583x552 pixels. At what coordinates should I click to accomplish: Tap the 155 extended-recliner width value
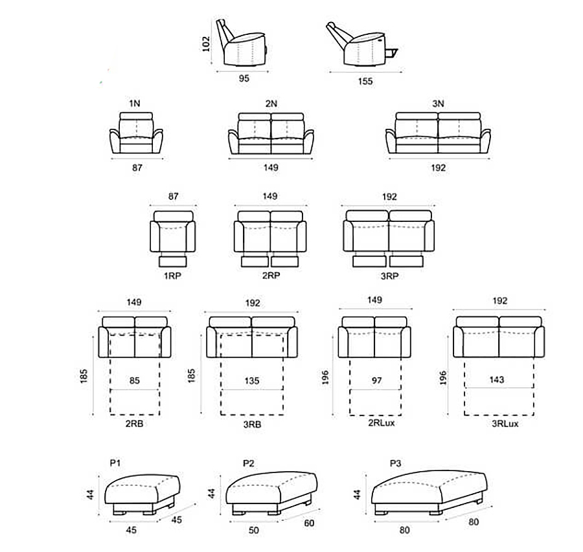click(x=365, y=81)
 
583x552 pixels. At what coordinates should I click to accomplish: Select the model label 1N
click(x=135, y=104)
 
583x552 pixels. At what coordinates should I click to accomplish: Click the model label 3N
click(x=439, y=104)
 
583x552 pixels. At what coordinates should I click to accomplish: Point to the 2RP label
click(x=271, y=276)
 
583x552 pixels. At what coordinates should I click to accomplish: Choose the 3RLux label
click(x=505, y=424)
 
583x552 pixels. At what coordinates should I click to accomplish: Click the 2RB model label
click(x=134, y=424)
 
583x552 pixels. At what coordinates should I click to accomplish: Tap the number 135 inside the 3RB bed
click(x=252, y=381)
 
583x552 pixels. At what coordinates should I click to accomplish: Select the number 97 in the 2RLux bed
click(x=376, y=381)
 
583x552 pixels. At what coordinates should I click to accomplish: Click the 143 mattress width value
click(x=497, y=380)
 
